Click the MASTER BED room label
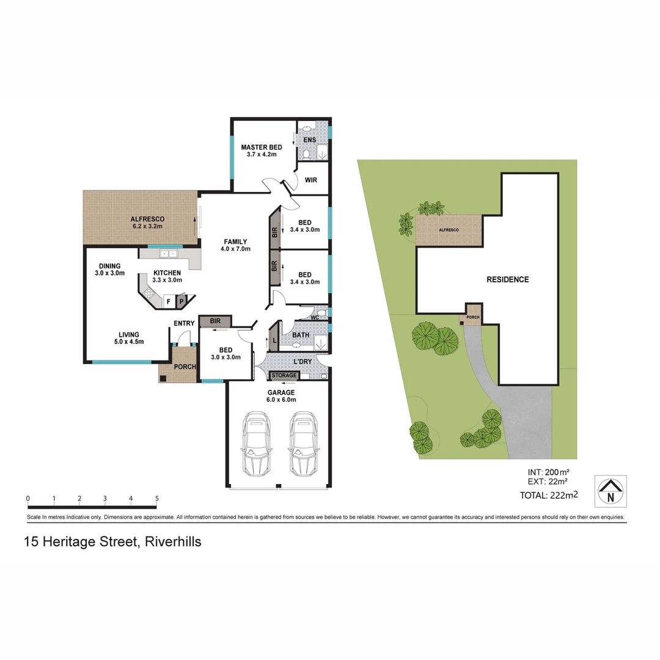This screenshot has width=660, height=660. (x=261, y=151)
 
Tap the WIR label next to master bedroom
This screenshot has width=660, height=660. (x=310, y=180)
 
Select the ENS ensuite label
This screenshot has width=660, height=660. (x=309, y=140)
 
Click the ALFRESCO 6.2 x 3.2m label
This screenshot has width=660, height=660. (x=147, y=222)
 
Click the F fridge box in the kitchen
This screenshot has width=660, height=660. (x=168, y=301)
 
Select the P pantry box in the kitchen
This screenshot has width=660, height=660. (x=182, y=301)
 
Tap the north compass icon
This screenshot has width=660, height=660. (x=610, y=491)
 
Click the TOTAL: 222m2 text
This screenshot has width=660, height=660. (x=549, y=495)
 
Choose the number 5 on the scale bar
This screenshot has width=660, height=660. (x=157, y=499)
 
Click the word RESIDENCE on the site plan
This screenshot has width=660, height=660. (x=507, y=279)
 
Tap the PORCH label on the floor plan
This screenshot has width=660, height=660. (x=185, y=367)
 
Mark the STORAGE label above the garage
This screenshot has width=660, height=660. (x=284, y=375)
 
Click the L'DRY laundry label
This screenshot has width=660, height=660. (x=303, y=362)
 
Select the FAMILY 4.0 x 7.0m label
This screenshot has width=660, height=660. (x=235, y=245)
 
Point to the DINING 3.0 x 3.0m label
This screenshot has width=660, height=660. (x=109, y=269)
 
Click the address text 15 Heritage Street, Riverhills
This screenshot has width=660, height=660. (x=112, y=541)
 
